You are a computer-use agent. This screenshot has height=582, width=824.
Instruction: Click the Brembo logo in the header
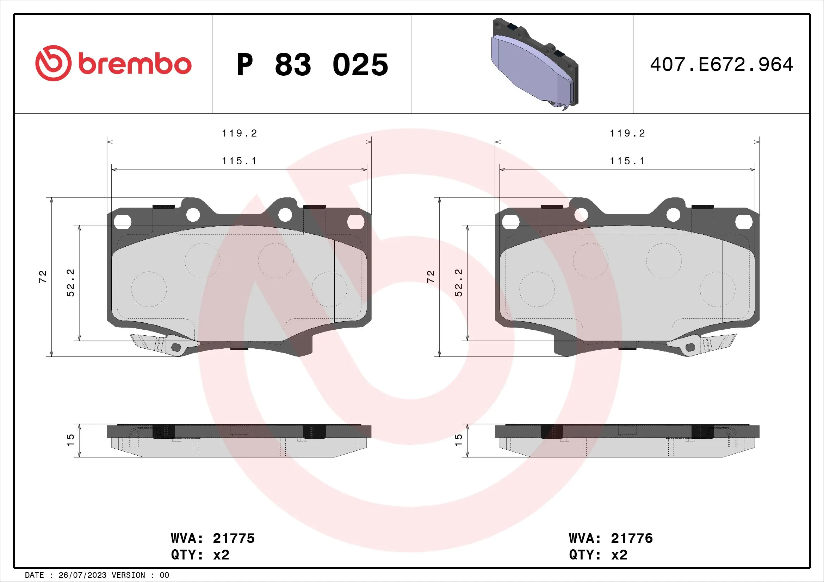click(x=113, y=63)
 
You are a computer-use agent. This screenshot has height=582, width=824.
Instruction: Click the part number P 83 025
click(x=312, y=65)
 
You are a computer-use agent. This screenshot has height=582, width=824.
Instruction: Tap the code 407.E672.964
click(x=721, y=65)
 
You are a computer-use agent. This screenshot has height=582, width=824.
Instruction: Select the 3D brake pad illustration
click(x=534, y=64)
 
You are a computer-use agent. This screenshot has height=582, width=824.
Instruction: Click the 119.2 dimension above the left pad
click(x=239, y=133)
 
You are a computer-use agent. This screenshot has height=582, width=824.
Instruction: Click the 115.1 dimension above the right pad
click(x=627, y=161)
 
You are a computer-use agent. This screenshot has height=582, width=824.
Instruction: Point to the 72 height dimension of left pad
click(x=43, y=276)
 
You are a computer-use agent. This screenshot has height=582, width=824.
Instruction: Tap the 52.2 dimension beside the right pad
click(x=459, y=283)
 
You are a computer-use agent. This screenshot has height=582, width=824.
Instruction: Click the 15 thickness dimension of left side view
click(x=71, y=440)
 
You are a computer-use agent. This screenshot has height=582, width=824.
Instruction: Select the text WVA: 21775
click(x=212, y=538)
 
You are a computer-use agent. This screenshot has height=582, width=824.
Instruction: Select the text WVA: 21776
click(x=611, y=538)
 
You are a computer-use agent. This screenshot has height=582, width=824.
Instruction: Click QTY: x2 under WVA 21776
click(x=598, y=555)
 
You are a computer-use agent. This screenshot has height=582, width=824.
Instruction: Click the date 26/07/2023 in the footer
click(x=82, y=575)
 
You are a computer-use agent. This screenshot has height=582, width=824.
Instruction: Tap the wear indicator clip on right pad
click(x=704, y=345)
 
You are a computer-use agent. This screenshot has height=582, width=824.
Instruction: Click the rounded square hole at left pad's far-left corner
click(x=122, y=222)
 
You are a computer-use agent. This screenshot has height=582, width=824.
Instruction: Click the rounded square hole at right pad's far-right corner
click(x=744, y=222)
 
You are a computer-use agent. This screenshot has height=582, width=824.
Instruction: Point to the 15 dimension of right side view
click(x=459, y=440)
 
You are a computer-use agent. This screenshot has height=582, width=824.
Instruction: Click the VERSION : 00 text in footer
click(x=140, y=575)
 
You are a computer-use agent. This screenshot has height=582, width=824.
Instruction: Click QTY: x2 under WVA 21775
click(x=200, y=555)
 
